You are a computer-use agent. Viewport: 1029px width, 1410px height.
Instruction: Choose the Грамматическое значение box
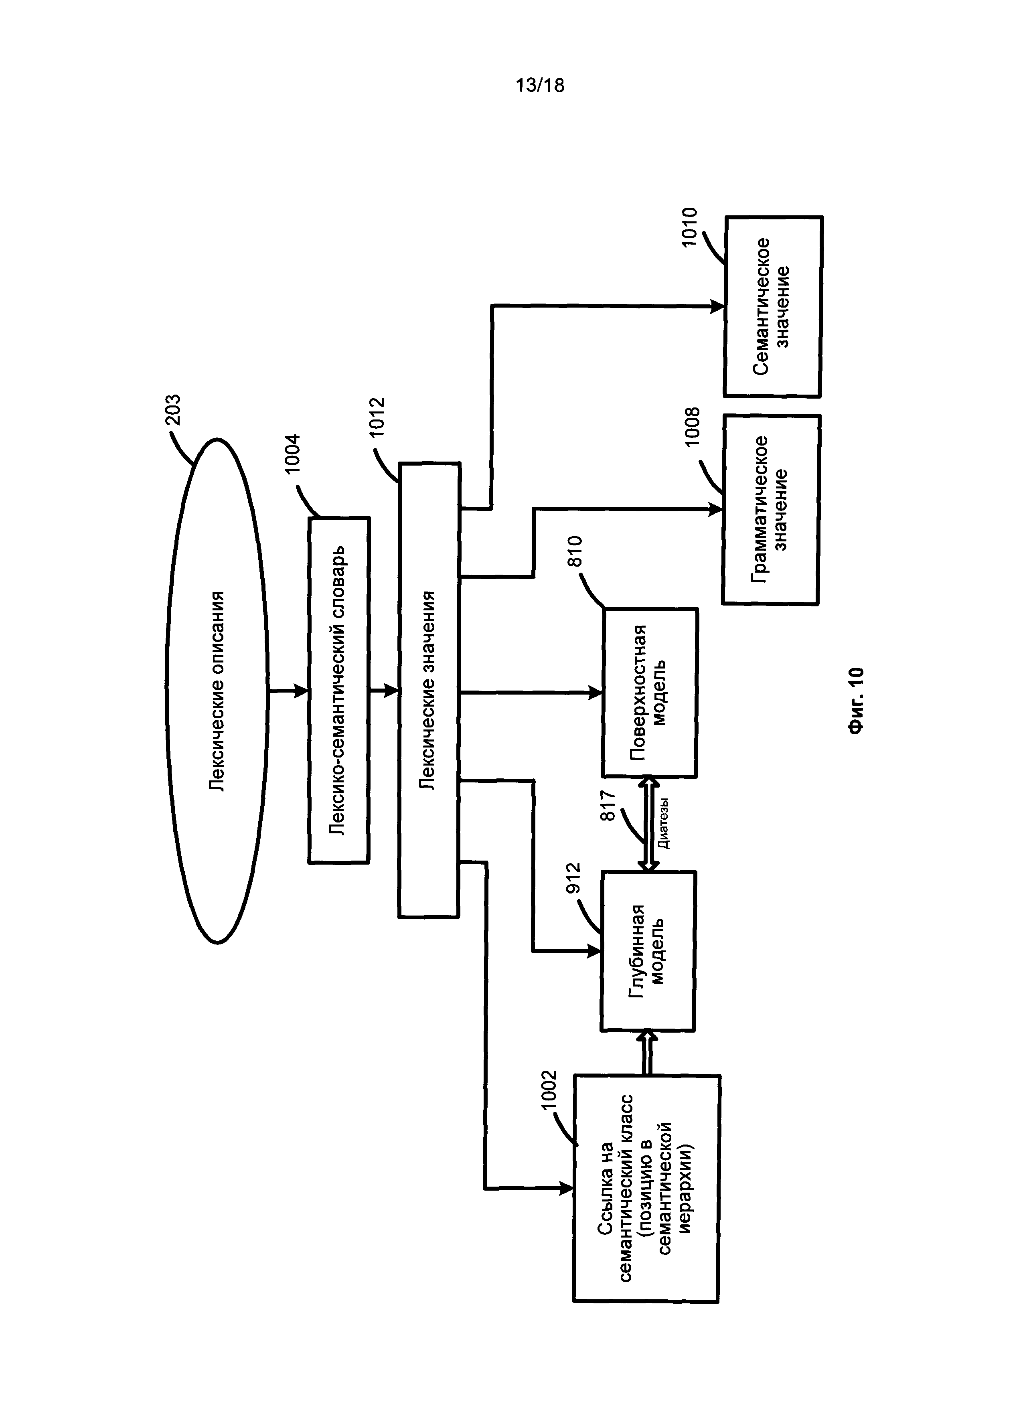pos(770,509)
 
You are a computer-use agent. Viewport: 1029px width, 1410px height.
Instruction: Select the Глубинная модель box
pos(648,951)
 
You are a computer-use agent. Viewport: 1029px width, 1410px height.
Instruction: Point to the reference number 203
pos(172,410)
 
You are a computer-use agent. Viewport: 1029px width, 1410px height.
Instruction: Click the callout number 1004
pos(292,454)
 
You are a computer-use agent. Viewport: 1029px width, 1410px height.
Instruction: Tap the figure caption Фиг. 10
pos(857,701)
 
